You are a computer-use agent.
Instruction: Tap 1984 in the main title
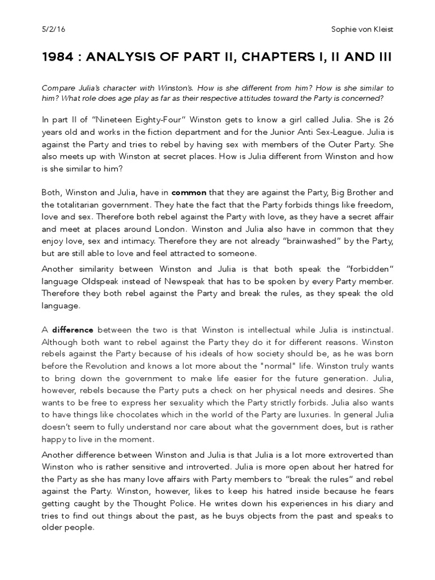pyautogui.click(x=58, y=59)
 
